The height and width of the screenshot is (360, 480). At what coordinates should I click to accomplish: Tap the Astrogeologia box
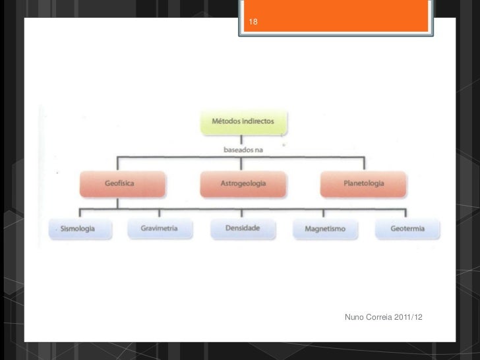pyautogui.click(x=243, y=183)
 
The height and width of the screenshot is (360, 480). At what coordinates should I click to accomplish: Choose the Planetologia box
pyautogui.click(x=363, y=183)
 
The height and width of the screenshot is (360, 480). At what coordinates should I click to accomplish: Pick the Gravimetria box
pyautogui.click(x=158, y=229)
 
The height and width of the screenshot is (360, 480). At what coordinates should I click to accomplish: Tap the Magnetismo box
pyautogui.click(x=325, y=229)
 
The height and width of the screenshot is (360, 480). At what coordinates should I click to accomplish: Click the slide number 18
pyautogui.click(x=254, y=23)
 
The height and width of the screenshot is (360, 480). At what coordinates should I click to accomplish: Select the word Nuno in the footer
pyautogui.click(x=355, y=319)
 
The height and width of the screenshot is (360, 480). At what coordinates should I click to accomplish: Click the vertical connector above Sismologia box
pyautogui.click(x=80, y=214)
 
